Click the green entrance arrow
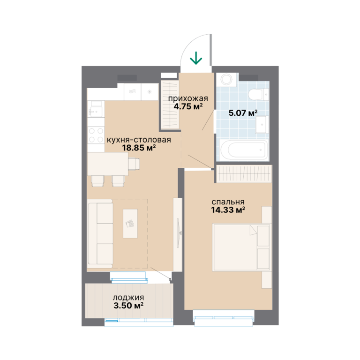pyautogui.click(x=196, y=58)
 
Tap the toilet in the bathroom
pyautogui.click(x=259, y=94)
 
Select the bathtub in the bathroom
pyautogui.click(x=244, y=150)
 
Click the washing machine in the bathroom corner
pyautogui.click(x=227, y=79)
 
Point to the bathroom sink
pyautogui.click(x=262, y=124)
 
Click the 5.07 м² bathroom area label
pyautogui.click(x=243, y=112)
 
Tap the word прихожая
pyautogui.click(x=188, y=98)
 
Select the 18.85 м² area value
pyautogui.click(x=139, y=148)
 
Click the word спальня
pyautogui.click(x=228, y=202)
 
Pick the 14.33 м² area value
pyautogui.click(x=228, y=210)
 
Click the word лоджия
pyautogui.click(x=128, y=298)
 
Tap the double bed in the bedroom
pyautogui.click(x=241, y=247)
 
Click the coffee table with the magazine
pyautogui.click(x=130, y=224)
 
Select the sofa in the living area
pyautogui.click(x=100, y=233)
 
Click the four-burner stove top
pyautogui.click(x=96, y=135)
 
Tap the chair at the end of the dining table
pyautogui.click(x=134, y=164)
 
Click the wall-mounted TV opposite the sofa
pyautogui.click(x=178, y=233)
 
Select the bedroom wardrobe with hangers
pyautogui.click(x=244, y=174)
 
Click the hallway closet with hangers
pyautogui.click(x=170, y=105)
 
